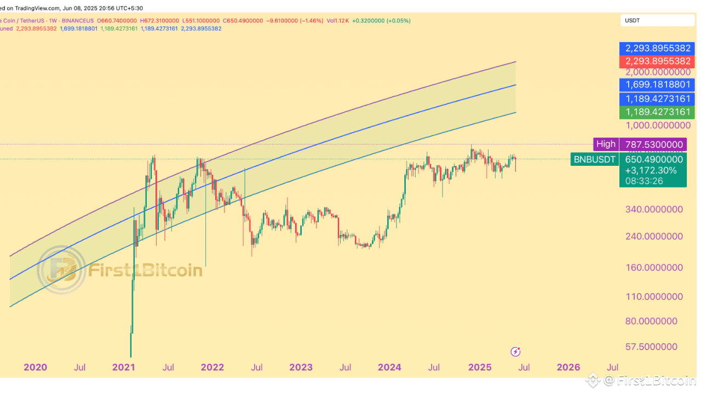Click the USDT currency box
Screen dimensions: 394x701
pos(657,21)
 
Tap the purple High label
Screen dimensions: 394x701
pos(606,144)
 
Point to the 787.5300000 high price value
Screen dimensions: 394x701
pos(654,144)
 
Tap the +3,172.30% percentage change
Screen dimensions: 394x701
pos(651,170)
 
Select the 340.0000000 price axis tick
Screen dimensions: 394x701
pos(653,210)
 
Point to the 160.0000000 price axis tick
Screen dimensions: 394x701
pos(653,268)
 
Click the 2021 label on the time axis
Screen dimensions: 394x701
pos(124,367)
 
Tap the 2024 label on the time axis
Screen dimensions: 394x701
pos(389,367)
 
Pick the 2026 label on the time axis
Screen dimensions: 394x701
pos(568,367)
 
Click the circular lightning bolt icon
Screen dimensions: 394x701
pos(515,351)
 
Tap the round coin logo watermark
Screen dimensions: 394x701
pos(61,270)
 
